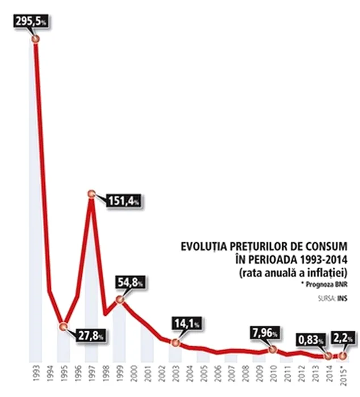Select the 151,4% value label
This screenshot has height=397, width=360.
click(122, 201)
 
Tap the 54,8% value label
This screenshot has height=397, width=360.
click(132, 282)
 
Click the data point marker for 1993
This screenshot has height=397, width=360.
click(35, 39)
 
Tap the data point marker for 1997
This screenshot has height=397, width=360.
click(91, 194)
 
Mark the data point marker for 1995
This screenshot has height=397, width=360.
click(63, 326)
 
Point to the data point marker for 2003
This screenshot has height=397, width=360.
click(175, 342)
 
